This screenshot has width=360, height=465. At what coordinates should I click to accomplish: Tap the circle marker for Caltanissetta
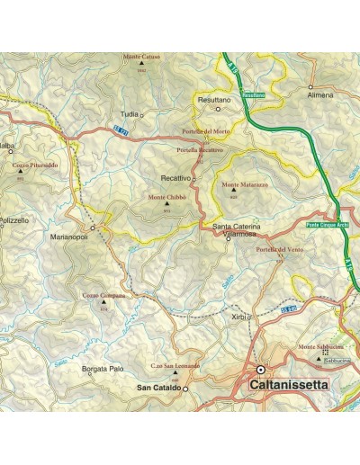(261, 370)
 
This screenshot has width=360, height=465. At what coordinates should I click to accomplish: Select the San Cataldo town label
(157, 388)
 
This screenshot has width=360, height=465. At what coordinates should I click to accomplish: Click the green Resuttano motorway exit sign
(255, 95)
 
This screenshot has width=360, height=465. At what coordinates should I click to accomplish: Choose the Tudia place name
(130, 115)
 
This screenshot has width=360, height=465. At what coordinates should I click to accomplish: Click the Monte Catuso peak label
(142, 57)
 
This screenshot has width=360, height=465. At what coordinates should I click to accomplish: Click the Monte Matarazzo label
(239, 185)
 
